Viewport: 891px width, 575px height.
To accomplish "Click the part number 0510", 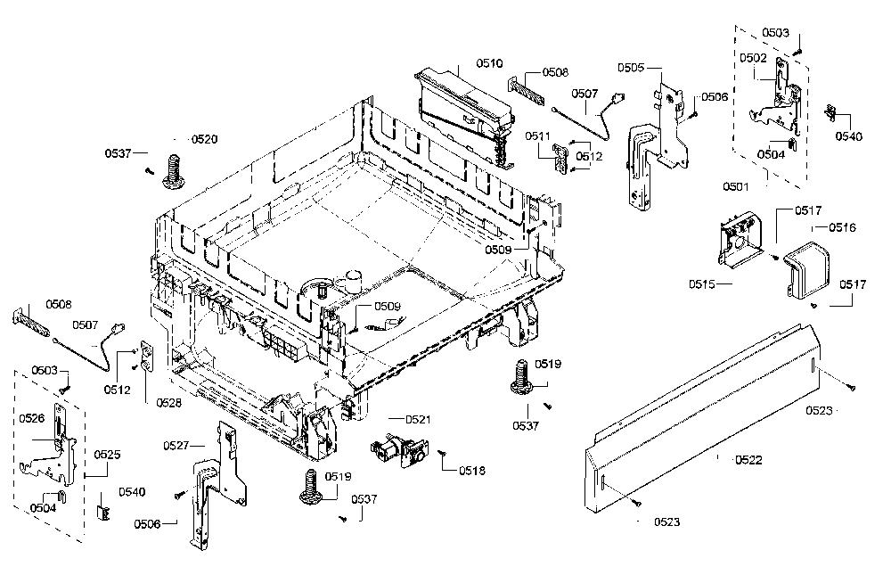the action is click(x=489, y=63).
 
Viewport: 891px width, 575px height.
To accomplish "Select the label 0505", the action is click(x=631, y=68).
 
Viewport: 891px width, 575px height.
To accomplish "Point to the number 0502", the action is click(x=753, y=57).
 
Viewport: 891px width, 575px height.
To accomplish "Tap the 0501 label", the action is click(x=736, y=186).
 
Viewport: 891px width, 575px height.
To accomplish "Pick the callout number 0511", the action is click(x=537, y=136).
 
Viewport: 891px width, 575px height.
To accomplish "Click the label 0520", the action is click(x=204, y=139).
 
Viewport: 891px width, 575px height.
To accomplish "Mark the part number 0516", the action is click(x=842, y=227).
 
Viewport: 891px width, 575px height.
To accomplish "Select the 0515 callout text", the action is click(x=702, y=283).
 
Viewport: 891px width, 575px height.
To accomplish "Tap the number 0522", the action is click(x=748, y=460).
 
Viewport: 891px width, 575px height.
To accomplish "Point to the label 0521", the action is click(x=418, y=420).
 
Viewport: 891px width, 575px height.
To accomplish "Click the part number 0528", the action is click(x=168, y=403).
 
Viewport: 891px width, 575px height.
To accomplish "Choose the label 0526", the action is click(x=32, y=419).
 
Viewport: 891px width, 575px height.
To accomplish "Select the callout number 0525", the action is click(x=108, y=455).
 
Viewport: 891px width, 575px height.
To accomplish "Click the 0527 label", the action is click(x=176, y=446).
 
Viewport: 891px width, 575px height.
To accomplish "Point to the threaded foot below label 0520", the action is click(x=174, y=169).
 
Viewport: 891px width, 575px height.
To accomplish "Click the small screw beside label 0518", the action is click(x=442, y=453).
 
